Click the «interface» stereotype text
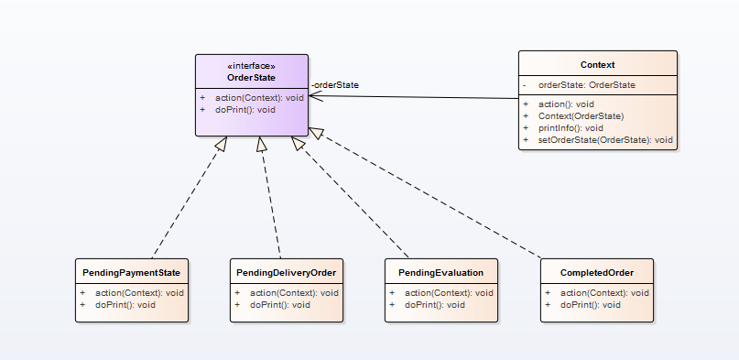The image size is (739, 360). [x=251, y=66]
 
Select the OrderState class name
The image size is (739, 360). [x=251, y=78]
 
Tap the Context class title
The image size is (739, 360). [x=598, y=65]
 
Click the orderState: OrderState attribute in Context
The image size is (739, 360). [x=587, y=85]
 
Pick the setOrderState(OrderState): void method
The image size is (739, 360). [x=605, y=140]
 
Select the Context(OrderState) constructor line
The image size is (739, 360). [x=581, y=116]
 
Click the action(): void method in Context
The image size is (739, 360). [x=566, y=104]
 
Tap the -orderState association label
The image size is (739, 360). [x=334, y=85]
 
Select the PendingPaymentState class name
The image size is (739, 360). [x=132, y=273]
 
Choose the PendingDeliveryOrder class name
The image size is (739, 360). [x=286, y=273]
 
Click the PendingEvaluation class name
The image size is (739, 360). [x=440, y=273]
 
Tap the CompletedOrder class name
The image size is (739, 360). [x=597, y=273]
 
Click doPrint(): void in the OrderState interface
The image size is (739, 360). [x=245, y=110]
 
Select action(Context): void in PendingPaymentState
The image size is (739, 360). [x=139, y=293]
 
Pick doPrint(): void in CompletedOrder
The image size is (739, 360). [x=591, y=305]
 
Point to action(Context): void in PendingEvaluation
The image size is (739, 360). [x=449, y=293]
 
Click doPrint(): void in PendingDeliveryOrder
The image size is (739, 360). [x=280, y=305]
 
